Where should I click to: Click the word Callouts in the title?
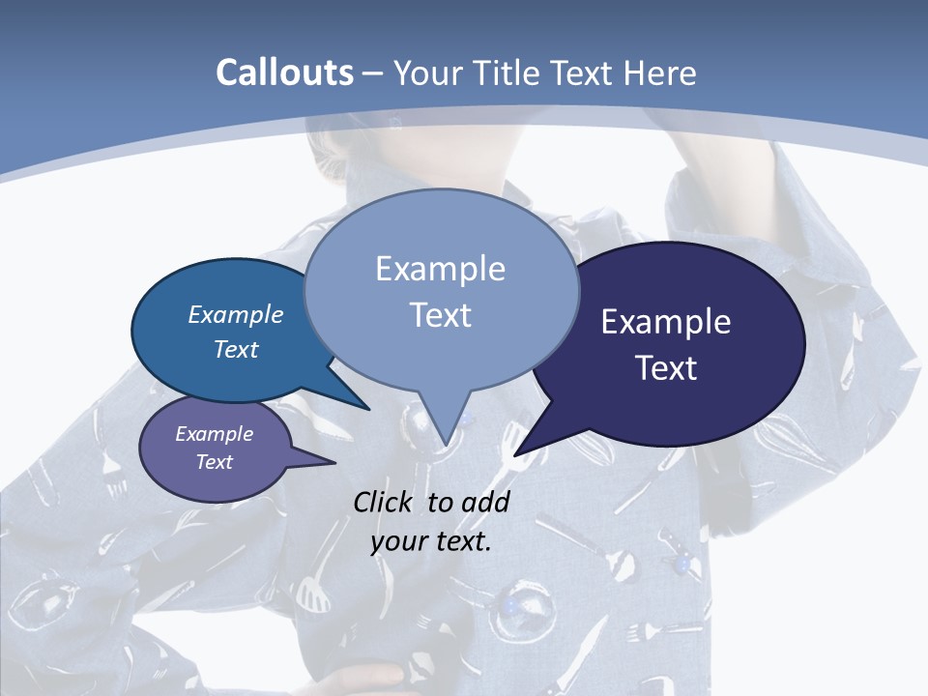click(x=284, y=72)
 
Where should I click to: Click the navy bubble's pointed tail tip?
click(x=515, y=454)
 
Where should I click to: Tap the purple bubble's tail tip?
click(x=334, y=463)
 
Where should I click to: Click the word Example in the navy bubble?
click(x=666, y=322)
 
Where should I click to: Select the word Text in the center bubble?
click(x=441, y=315)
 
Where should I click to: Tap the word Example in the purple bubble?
click(x=214, y=434)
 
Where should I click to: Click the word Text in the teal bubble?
click(x=236, y=349)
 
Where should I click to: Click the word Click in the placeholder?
click(x=384, y=502)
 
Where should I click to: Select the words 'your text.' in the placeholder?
click(x=431, y=540)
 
